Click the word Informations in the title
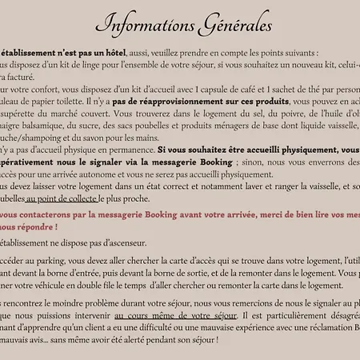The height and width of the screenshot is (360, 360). click(147, 22)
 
